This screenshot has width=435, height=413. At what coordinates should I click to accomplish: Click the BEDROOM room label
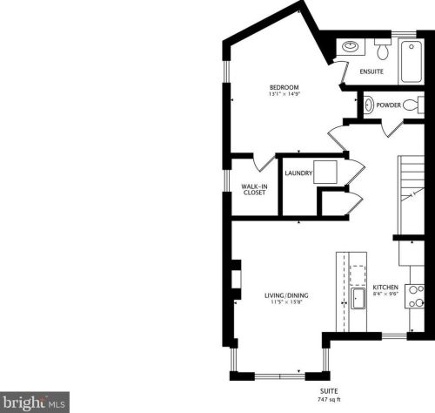pos(284,87)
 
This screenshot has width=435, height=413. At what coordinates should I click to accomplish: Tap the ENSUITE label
pos(371,71)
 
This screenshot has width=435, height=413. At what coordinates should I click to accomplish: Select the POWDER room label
pos(388,105)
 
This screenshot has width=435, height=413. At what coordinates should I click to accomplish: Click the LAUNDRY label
pos(298,173)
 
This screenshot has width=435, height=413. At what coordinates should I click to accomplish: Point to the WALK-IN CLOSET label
pos(254,189)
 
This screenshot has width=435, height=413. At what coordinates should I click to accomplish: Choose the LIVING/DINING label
pos(286,295)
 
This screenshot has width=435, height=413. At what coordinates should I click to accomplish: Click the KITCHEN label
pos(385,288)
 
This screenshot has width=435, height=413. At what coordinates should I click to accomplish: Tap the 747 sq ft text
pos(329,400)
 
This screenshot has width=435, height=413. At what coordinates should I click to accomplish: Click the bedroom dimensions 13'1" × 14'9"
pos(284,94)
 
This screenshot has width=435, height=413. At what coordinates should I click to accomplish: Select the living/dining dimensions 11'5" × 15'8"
pos(286,302)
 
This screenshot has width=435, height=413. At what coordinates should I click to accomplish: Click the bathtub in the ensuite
pos(411,62)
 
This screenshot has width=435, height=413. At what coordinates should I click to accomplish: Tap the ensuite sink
pos(351,46)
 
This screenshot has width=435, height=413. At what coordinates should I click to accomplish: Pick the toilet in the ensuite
pos(383,49)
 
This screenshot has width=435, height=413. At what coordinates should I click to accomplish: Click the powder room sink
pos(369,105)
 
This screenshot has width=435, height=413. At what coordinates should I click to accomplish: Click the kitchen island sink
pos(358,299)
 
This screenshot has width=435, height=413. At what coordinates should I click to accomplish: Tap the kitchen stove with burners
pos(415,296)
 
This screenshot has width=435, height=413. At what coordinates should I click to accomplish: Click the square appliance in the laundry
pos(325,172)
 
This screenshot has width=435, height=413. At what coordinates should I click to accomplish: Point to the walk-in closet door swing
pos(264,164)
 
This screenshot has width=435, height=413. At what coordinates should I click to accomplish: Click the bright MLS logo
pos(35,403)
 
